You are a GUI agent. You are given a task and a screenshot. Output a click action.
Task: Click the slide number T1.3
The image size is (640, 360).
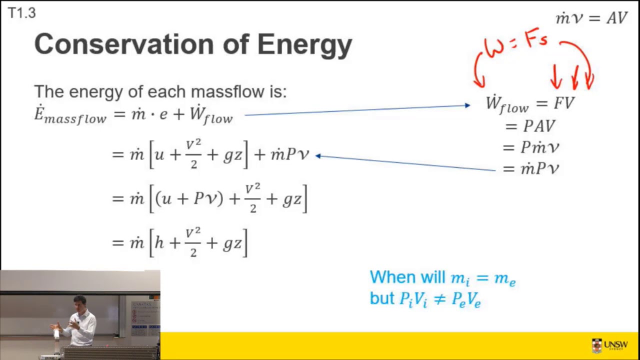(x=21, y=13)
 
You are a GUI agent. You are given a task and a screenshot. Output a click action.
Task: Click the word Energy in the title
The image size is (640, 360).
(x=304, y=45)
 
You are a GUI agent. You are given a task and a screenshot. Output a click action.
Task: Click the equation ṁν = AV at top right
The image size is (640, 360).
(x=591, y=18)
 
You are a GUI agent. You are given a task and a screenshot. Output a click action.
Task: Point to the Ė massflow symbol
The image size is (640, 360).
(x=70, y=114)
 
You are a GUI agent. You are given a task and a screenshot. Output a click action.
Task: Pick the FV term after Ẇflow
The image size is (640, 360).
(x=564, y=103)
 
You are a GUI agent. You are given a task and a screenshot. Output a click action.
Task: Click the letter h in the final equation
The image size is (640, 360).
(x=159, y=243)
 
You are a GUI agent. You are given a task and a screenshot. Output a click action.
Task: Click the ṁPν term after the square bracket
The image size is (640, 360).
(x=290, y=154)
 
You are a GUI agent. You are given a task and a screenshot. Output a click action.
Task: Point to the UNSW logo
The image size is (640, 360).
(x=609, y=345)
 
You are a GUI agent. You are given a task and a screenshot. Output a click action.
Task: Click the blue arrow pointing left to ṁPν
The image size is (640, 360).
(x=405, y=163)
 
